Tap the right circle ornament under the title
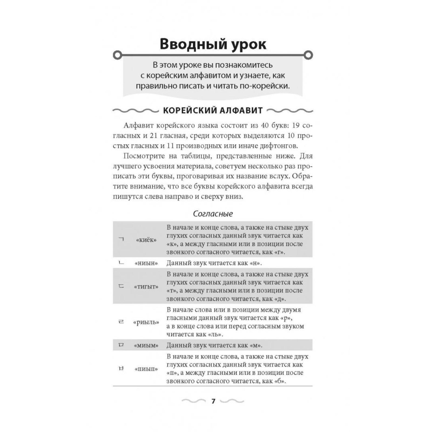coord(308,55)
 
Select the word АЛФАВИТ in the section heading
coord(241,110)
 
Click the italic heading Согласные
coord(213,214)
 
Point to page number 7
coord(213,401)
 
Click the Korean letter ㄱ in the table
coord(121,239)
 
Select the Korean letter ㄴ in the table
coord(121,263)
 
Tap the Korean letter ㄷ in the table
coord(121,286)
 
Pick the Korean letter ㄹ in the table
coord(121,322)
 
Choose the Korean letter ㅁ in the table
coord(121,345)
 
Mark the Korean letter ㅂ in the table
coord(121,369)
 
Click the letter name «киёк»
coord(146,240)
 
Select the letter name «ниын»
coord(146,263)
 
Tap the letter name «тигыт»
coord(146,287)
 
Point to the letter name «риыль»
coord(146,322)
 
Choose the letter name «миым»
coord(146,345)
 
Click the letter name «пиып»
coord(146,369)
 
